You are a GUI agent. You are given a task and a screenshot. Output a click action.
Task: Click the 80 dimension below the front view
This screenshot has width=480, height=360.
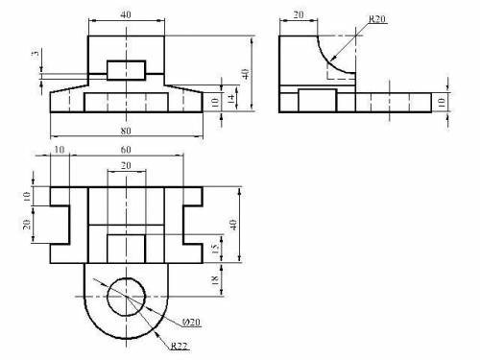pos(126,131)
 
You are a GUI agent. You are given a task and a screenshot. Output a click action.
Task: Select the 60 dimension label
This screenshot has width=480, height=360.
pos(126,150)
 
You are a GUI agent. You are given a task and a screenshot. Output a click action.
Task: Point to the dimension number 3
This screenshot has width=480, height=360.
pos(36,53)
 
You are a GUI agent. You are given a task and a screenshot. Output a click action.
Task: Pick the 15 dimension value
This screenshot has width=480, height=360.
pos(216,249)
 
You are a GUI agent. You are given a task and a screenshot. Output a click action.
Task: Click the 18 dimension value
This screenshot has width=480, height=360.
pos(216,279)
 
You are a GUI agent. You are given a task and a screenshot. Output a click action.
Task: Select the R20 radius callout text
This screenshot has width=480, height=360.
pos(377,19)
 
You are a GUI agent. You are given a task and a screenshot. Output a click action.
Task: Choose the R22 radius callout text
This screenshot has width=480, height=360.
pos(179,346)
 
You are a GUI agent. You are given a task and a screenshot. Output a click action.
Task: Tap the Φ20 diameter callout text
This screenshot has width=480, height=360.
pos(191,322)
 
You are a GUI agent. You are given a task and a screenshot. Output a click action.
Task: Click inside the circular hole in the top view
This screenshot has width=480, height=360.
pos(126,297)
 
